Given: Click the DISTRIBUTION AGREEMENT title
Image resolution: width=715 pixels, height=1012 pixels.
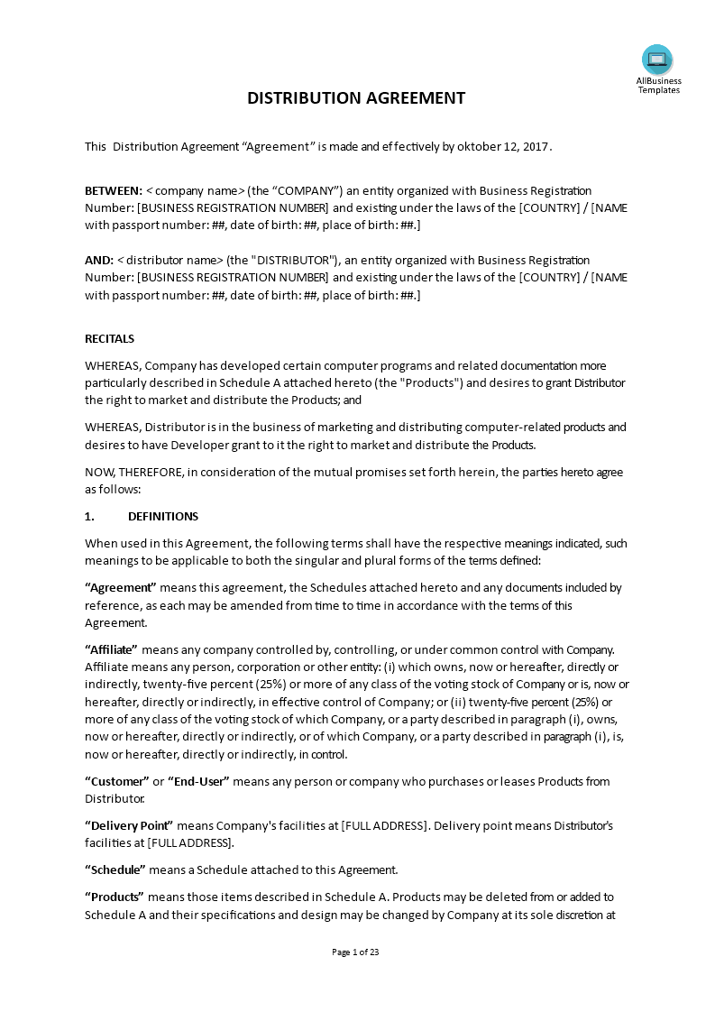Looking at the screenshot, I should [356, 98].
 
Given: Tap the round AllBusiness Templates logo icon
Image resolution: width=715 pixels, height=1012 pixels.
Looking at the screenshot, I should [657, 60].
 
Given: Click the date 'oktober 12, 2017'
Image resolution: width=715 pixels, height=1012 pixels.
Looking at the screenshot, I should [502, 147].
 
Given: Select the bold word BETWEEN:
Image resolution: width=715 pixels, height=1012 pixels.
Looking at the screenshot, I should [114, 191].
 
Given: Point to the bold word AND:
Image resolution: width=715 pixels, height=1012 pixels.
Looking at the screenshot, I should [99, 261].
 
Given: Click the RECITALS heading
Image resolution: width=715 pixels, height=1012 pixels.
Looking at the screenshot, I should [109, 339].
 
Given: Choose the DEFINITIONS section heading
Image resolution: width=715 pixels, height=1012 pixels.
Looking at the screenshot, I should [163, 517].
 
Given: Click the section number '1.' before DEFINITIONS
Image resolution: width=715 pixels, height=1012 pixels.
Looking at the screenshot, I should [89, 517].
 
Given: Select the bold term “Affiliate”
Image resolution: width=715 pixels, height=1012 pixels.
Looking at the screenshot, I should [111, 649].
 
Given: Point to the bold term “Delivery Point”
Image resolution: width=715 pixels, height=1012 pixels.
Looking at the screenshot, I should [129, 825].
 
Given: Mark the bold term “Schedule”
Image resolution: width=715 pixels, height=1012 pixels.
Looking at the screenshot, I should [115, 870].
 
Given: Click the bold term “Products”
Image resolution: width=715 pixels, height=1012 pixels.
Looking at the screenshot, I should [115, 897].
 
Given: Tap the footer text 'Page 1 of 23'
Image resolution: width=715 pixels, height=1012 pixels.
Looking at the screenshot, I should [356, 952].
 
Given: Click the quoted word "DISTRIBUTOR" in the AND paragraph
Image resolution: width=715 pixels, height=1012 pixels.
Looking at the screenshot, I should [302, 261].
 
